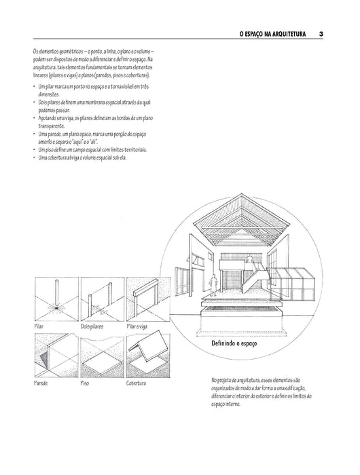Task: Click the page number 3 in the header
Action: click(x=321, y=34)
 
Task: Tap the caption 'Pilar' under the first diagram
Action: click(x=39, y=326)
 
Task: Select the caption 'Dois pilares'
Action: click(x=92, y=326)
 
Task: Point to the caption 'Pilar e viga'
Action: click(x=137, y=326)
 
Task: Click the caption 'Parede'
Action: click(x=41, y=383)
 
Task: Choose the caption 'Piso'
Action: click(x=85, y=383)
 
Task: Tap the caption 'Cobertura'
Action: click(x=136, y=383)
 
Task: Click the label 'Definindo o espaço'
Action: click(x=234, y=343)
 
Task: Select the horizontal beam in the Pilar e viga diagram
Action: click(x=145, y=286)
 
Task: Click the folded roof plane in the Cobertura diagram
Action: click(x=148, y=348)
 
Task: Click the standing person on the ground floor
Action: click(x=213, y=285)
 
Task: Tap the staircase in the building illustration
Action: click(x=254, y=278)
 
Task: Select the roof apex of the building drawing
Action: click(x=241, y=195)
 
